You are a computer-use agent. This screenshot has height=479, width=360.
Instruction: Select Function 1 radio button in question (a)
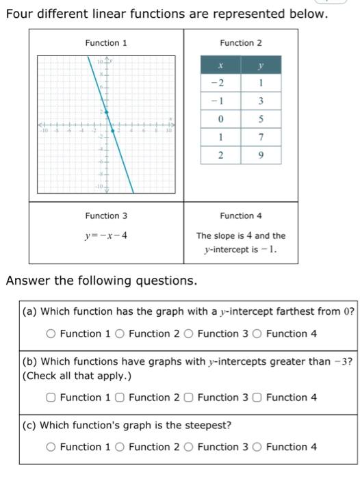click(51, 334)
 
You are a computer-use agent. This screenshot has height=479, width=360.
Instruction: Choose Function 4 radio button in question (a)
click(257, 334)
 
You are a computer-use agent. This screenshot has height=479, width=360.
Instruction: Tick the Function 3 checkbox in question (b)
click(188, 398)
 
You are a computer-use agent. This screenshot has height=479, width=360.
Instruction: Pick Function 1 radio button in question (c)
click(51, 448)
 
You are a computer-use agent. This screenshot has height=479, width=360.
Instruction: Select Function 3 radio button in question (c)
click(188, 448)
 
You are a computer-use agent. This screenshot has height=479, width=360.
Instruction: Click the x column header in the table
click(219, 66)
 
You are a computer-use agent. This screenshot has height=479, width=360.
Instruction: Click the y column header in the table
click(260, 66)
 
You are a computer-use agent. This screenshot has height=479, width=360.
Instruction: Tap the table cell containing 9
click(260, 156)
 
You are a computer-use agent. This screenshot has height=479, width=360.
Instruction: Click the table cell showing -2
click(219, 84)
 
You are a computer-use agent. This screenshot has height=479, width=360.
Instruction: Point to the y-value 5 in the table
click(260, 120)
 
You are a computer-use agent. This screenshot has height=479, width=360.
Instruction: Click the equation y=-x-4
click(106, 236)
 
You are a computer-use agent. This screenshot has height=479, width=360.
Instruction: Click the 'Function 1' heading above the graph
click(106, 43)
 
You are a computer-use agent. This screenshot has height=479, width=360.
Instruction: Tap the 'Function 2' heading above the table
click(241, 43)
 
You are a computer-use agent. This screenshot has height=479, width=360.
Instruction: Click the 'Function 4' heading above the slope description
click(241, 216)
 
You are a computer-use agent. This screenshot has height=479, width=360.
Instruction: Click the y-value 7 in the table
click(260, 138)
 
